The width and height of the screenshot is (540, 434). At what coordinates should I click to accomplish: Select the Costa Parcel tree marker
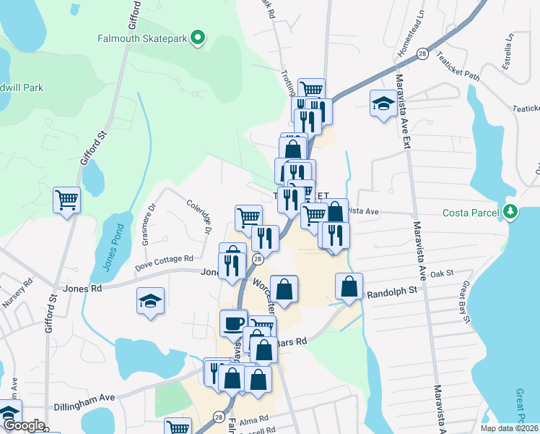point(511,212)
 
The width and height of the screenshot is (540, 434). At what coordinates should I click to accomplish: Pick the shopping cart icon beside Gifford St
point(66,199)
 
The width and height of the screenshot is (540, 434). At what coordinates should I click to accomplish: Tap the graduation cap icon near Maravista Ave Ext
point(383,103)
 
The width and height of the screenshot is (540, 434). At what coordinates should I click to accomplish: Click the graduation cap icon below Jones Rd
point(150,300)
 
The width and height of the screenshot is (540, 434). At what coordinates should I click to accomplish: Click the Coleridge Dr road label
point(197,216)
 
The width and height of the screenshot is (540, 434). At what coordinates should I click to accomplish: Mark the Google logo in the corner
point(23,426)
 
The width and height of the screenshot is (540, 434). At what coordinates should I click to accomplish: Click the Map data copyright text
point(509,428)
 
